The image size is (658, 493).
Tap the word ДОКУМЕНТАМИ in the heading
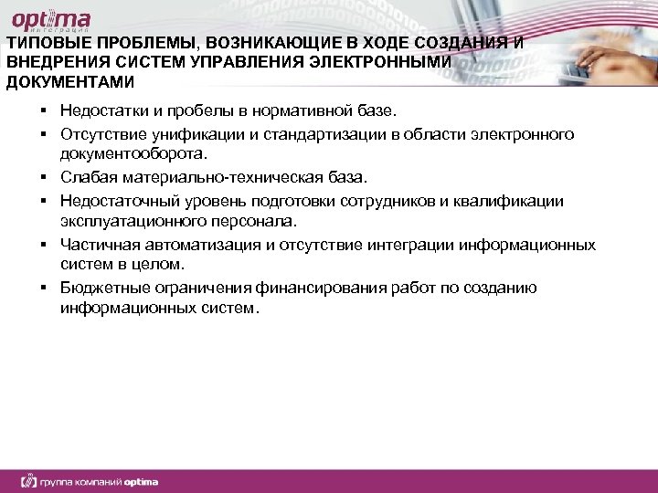coord(69,82)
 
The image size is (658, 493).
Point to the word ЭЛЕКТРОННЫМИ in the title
coord(391,64)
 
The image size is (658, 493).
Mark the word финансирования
coord(314,288)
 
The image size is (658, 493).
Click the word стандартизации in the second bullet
coord(340,135)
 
